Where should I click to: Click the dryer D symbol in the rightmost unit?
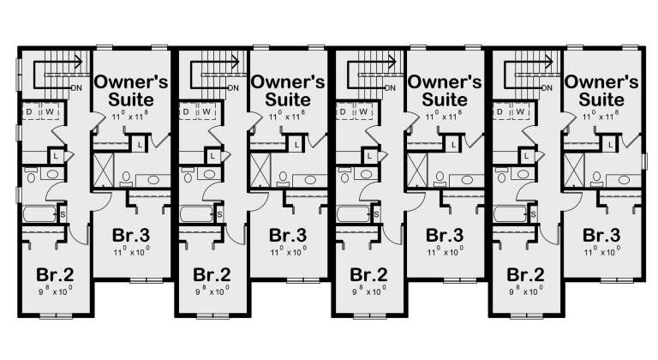pos(499,112)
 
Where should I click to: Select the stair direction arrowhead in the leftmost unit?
pos(78,61)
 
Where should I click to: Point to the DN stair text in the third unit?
pos(391,87)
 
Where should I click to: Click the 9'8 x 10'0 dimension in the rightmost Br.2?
pos(524,291)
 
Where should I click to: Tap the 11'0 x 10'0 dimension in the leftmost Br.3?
pos(132,252)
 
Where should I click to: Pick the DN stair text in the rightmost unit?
pos(547,87)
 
